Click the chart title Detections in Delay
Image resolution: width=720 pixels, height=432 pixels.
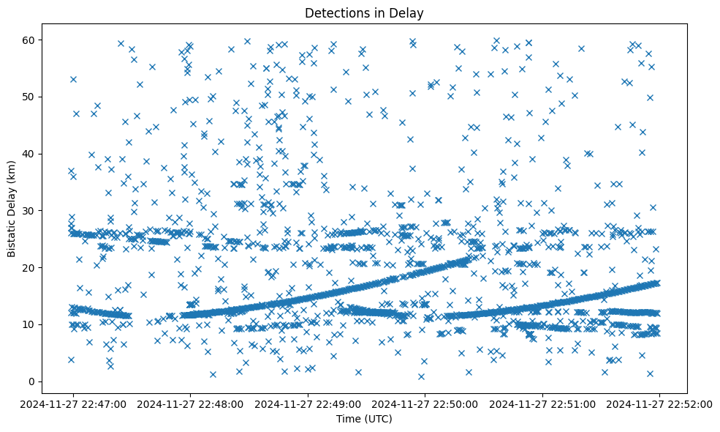pos(364,12)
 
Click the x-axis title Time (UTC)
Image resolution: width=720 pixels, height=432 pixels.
pos(364,419)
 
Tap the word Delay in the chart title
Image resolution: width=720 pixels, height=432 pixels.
pos(409,12)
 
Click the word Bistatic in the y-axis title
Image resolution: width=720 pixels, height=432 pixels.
pos(12,229)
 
